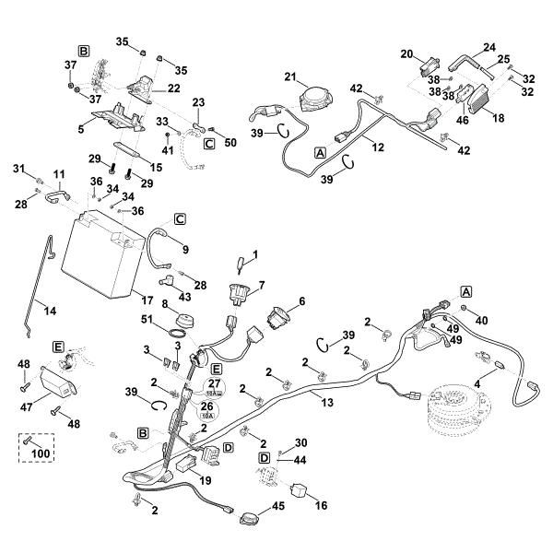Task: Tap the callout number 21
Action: tap(288, 76)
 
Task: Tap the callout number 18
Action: tap(499, 119)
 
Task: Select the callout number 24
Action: tap(489, 47)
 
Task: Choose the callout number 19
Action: tap(205, 480)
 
